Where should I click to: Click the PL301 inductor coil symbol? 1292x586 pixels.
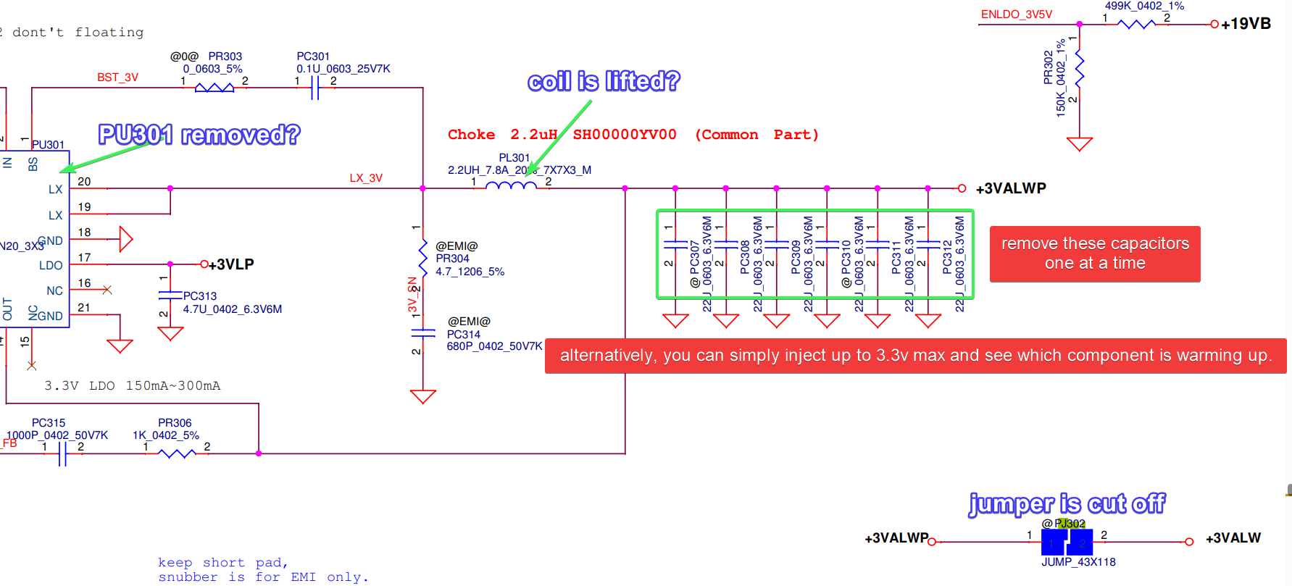[x=511, y=185]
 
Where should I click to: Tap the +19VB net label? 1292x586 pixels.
[x=1246, y=24]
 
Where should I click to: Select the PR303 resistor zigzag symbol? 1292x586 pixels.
[x=214, y=88]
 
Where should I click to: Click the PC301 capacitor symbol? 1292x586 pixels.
[x=314, y=88]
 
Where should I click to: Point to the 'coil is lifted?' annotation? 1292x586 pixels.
[x=604, y=81]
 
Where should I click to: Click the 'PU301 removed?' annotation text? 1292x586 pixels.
[x=199, y=135]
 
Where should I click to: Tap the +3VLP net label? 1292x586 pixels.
[x=231, y=264]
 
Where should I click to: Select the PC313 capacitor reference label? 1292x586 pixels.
[x=200, y=296]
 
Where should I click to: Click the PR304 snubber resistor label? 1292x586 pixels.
[x=452, y=259]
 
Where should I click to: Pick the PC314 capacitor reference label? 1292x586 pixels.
[x=464, y=335]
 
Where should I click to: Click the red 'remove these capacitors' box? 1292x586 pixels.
[x=1094, y=254]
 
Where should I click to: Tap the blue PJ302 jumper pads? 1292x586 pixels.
[x=1067, y=542]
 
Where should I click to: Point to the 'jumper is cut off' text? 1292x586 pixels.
[x=1067, y=503]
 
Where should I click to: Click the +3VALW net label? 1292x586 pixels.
[x=1233, y=538]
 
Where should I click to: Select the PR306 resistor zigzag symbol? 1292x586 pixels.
[x=177, y=453]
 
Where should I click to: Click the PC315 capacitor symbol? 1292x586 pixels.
[x=62, y=453]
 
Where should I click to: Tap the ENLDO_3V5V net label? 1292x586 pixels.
[x=1016, y=14]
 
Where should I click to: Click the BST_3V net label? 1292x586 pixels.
[x=117, y=78]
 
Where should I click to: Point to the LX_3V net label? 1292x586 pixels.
[x=366, y=178]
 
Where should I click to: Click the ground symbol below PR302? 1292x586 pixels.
[x=1079, y=143]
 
